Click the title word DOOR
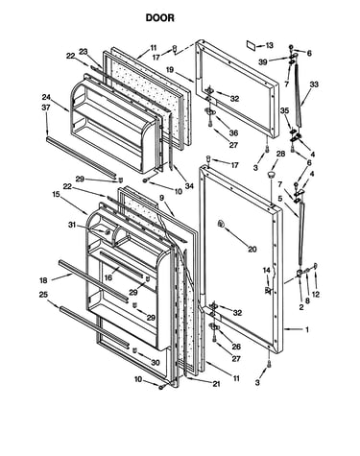point(160,17)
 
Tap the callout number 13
point(270,45)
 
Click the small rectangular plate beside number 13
point(252,45)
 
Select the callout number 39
point(263,62)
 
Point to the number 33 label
point(314,84)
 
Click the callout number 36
point(233,132)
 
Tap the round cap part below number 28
point(271,175)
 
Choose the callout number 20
point(252,249)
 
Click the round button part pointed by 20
point(221,224)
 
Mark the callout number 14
point(267,271)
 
